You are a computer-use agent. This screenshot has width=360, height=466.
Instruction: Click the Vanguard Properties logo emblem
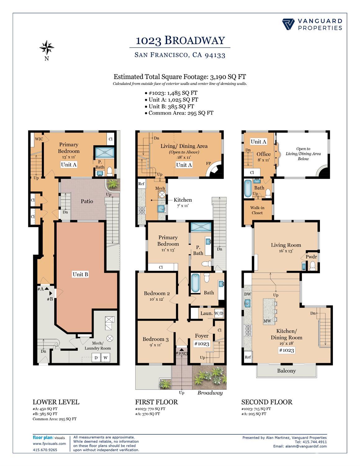click(288, 24)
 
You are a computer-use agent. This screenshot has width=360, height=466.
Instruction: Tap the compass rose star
click(47, 47)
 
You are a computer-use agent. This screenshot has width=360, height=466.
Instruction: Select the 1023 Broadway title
click(180, 40)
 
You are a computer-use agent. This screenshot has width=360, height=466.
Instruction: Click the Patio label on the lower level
click(87, 201)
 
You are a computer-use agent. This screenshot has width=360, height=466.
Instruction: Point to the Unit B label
click(80, 274)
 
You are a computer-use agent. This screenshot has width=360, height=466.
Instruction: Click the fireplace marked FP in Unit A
click(215, 170)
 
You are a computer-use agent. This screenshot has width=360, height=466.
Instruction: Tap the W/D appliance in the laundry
click(219, 313)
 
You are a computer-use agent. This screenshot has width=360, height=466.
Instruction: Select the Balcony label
click(286, 371)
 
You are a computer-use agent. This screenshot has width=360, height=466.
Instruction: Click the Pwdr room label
click(311, 257)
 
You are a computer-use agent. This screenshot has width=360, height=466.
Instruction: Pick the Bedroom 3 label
click(156, 339)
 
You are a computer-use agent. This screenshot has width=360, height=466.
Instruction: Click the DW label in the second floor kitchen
click(248, 294)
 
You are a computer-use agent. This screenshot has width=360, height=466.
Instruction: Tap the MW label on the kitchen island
click(267, 321)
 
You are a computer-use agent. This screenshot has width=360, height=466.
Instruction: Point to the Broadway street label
click(210, 393)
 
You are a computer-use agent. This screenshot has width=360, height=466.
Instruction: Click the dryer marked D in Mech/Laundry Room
click(96, 358)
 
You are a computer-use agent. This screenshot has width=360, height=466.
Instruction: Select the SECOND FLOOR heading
click(267, 402)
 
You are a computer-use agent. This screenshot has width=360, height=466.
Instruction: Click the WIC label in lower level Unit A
click(39, 139)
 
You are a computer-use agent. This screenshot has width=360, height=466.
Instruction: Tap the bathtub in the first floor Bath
click(195, 283)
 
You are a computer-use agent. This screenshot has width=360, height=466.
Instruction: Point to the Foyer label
click(202, 336)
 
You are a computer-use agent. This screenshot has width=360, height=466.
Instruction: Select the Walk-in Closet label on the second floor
click(257, 210)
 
